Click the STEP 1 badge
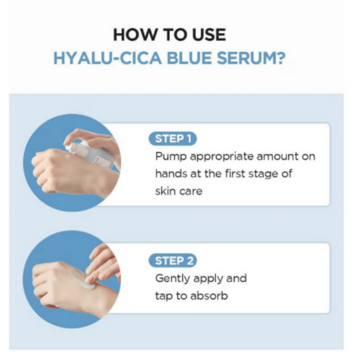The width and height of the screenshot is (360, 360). (172, 139)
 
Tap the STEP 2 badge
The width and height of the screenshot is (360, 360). (172, 260)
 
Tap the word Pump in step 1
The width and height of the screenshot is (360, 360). (170, 157)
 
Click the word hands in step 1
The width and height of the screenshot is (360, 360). (171, 174)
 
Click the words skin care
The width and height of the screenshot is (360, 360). (179, 191)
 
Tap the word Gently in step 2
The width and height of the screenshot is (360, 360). (173, 279)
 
